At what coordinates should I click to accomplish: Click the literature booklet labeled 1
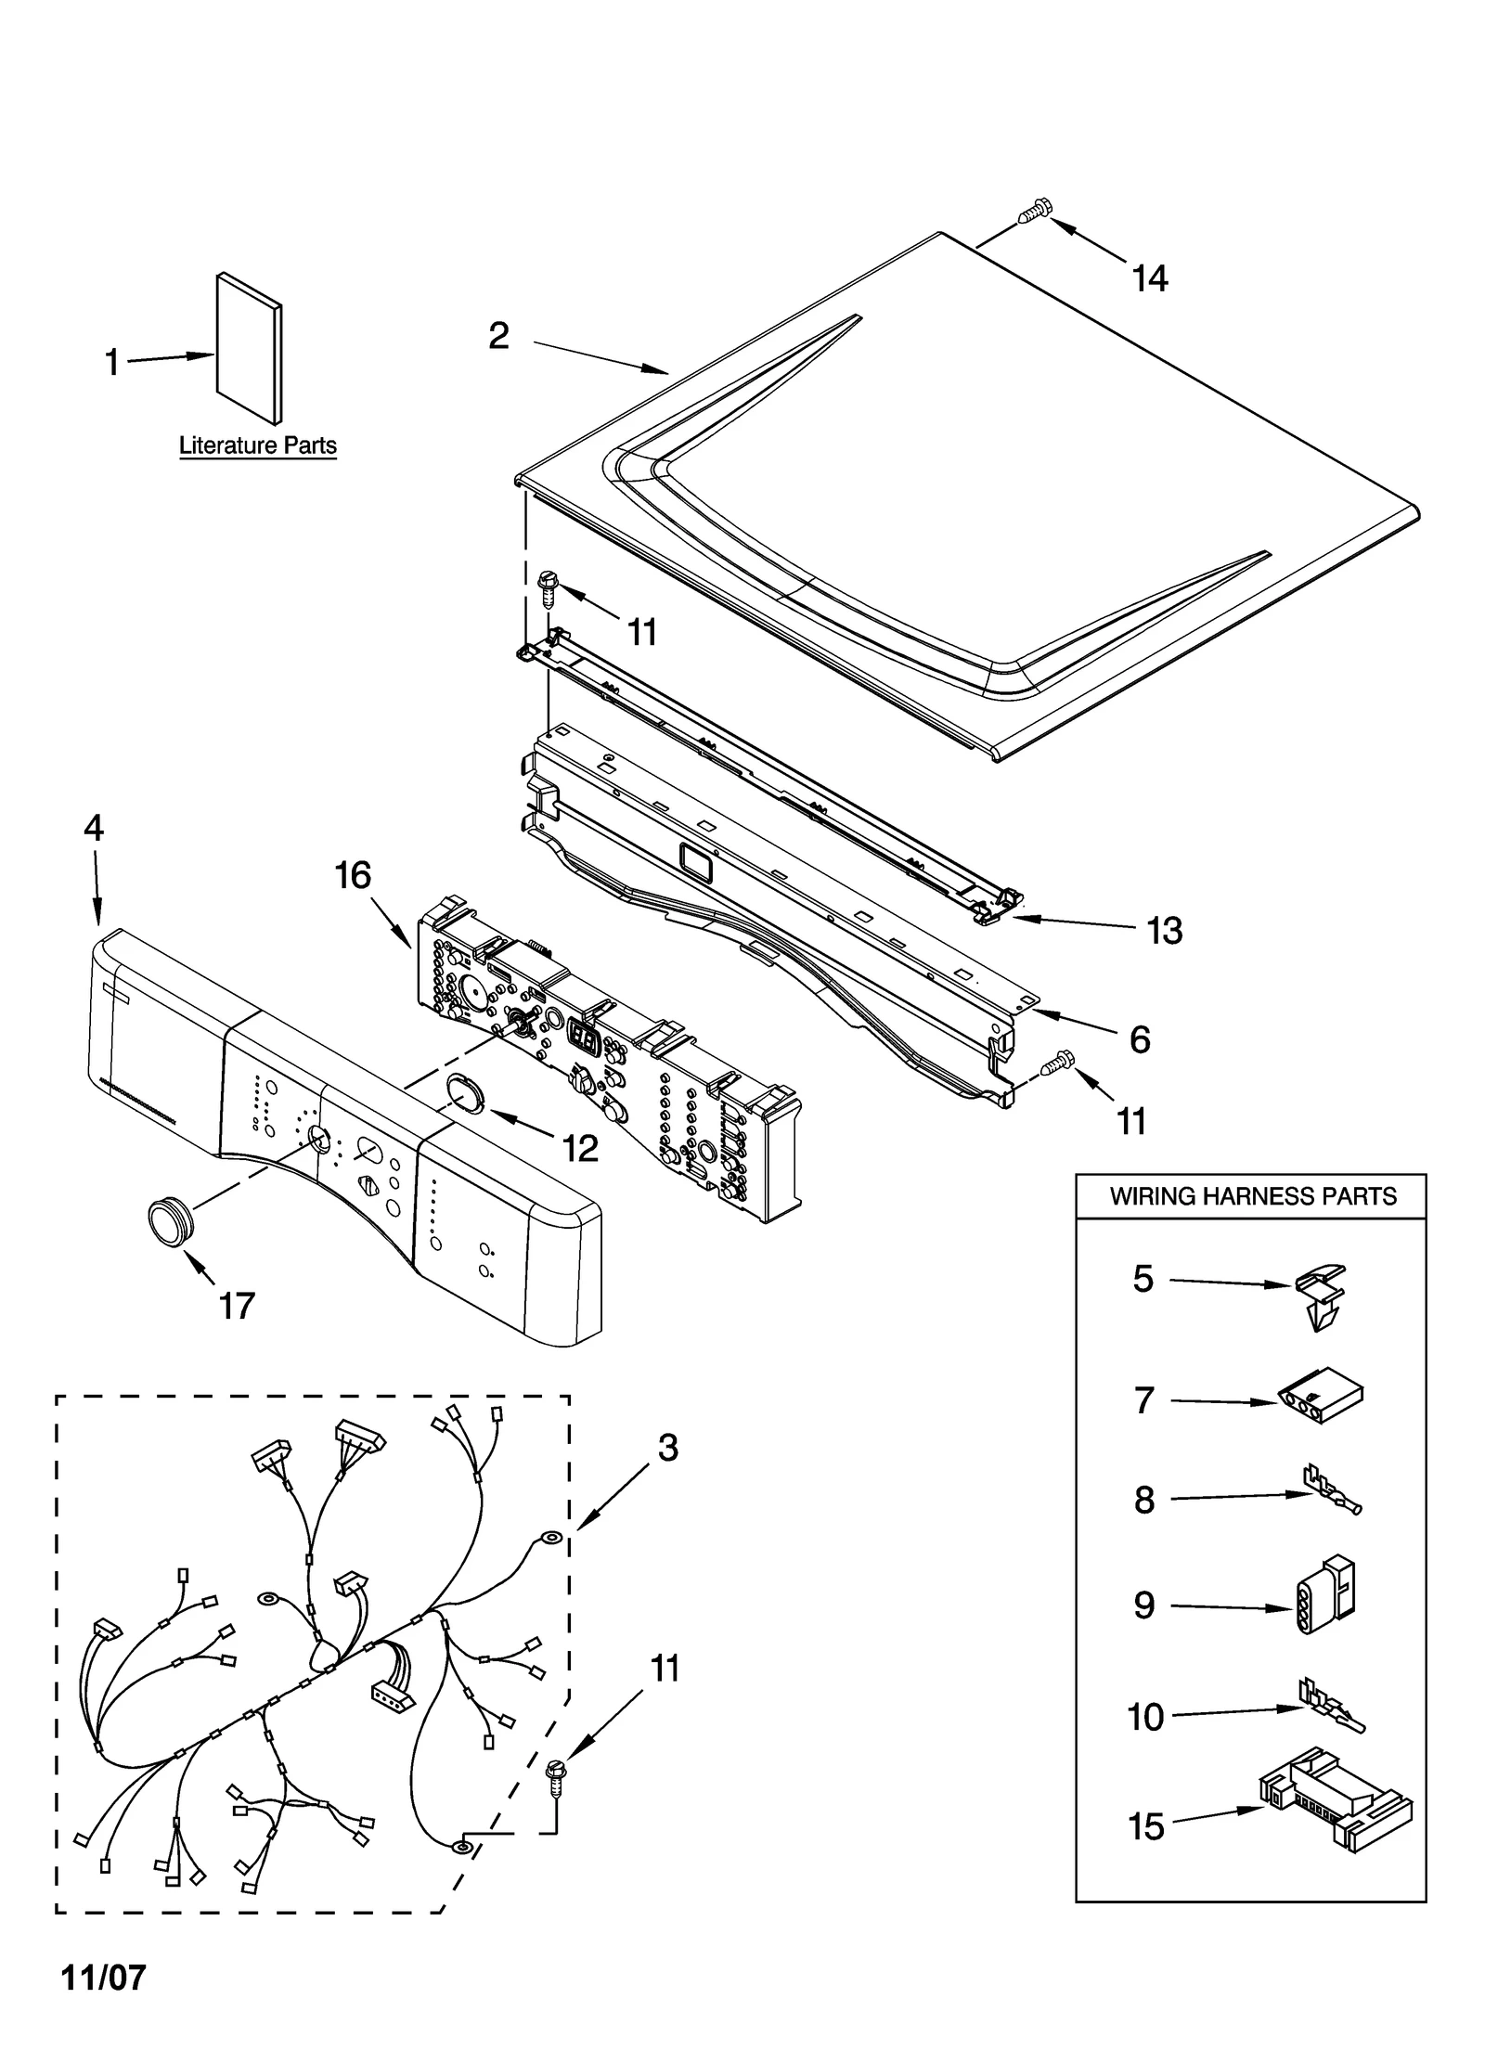(249, 348)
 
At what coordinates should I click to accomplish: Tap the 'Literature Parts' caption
(257, 445)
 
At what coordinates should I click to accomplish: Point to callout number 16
(353, 875)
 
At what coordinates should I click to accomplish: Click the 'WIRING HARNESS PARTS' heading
(1252, 1196)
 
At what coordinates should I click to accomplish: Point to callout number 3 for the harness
(668, 1448)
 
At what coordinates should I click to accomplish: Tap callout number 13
(1164, 930)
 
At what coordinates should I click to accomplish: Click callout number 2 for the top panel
(499, 336)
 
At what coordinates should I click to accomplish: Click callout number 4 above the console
(94, 828)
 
